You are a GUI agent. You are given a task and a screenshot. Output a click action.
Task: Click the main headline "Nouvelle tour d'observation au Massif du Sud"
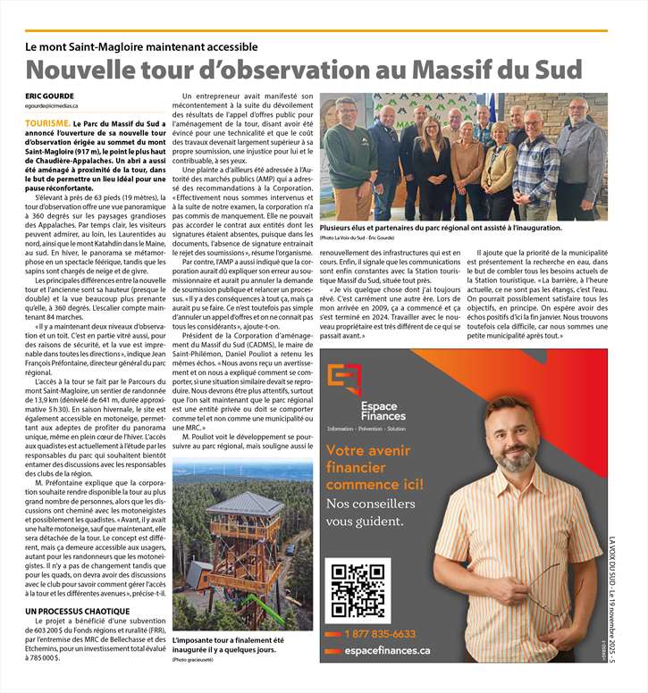[x=303, y=70]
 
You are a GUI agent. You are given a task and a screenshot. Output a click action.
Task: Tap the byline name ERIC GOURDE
[x=50, y=96]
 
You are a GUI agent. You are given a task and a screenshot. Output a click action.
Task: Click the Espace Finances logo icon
[x=343, y=379]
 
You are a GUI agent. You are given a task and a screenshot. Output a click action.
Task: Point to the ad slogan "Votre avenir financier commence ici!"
[x=375, y=468]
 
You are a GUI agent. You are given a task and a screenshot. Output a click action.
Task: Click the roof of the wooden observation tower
[x=232, y=505]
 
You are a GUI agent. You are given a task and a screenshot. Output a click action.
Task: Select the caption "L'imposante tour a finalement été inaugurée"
[x=228, y=646]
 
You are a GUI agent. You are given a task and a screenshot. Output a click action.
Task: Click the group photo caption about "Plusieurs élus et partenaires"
[x=441, y=228]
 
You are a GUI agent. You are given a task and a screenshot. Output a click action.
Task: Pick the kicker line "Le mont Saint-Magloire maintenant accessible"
[x=142, y=46]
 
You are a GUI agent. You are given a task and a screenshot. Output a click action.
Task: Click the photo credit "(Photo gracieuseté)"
[x=194, y=659]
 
